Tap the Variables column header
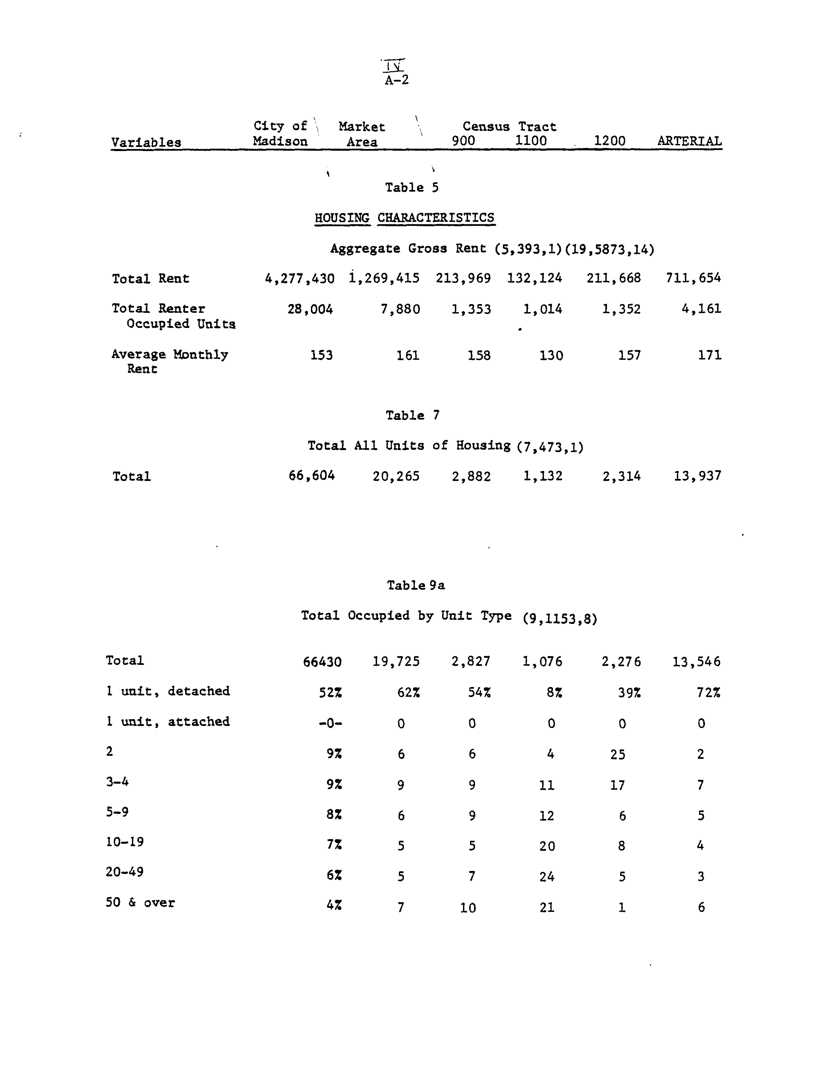point(146,143)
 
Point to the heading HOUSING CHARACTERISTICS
point(405,218)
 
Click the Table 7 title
point(412,416)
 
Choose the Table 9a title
point(415,585)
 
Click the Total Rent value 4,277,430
point(299,279)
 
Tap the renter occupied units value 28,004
point(310,309)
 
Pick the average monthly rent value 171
point(710,355)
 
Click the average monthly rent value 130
point(551,356)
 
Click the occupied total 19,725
point(396,661)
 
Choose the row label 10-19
point(125,842)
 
